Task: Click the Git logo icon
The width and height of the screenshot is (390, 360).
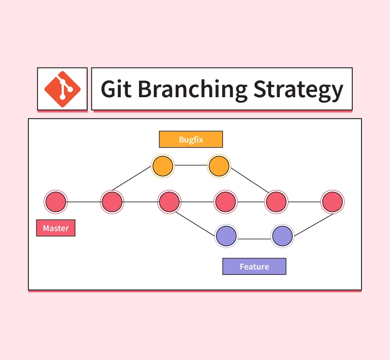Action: [x=63, y=89]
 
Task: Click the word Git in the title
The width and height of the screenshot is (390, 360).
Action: [x=116, y=89]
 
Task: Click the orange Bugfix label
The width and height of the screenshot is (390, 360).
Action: [x=191, y=139]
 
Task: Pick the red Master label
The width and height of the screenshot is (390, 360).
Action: [x=56, y=228]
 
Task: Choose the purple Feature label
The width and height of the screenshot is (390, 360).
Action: [x=254, y=266]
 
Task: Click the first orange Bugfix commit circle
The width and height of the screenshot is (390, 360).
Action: [x=163, y=166]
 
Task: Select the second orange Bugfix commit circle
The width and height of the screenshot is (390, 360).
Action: [x=219, y=166]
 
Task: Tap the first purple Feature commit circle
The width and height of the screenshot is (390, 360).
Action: [x=226, y=236]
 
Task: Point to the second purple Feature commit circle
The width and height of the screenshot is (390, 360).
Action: [x=282, y=236]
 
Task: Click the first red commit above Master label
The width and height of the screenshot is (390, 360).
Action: [x=56, y=202]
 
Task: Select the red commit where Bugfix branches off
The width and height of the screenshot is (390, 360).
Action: [x=112, y=202]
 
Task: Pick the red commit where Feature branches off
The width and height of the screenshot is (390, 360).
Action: [x=170, y=202]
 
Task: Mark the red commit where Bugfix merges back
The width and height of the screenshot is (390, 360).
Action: [x=276, y=202]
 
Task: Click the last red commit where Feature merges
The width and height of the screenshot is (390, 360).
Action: [x=332, y=202]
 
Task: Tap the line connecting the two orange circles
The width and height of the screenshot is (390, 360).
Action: [x=191, y=165]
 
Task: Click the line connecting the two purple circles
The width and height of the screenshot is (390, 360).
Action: [x=255, y=239]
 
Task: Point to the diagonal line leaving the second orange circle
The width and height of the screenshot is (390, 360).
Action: [x=250, y=180]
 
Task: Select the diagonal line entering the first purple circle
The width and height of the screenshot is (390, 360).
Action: [x=195, y=224]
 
